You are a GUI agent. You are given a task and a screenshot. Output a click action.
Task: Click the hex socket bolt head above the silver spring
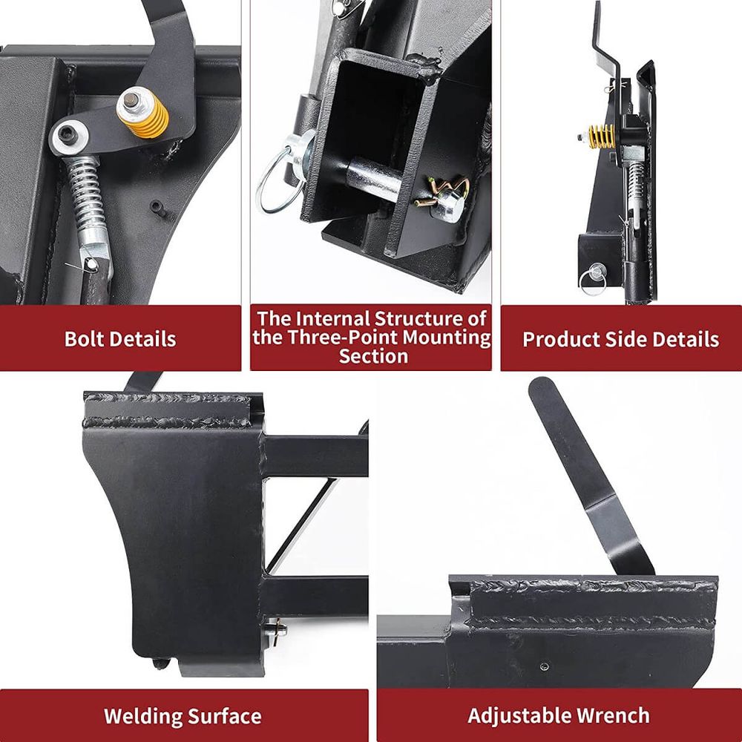68,137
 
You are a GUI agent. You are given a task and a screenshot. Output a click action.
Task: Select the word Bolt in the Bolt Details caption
83,339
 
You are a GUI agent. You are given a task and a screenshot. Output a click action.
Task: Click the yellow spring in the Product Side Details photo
602,137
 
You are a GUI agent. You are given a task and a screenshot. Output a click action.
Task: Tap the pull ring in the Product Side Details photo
592,281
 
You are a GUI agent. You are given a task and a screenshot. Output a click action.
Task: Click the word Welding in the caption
141,716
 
